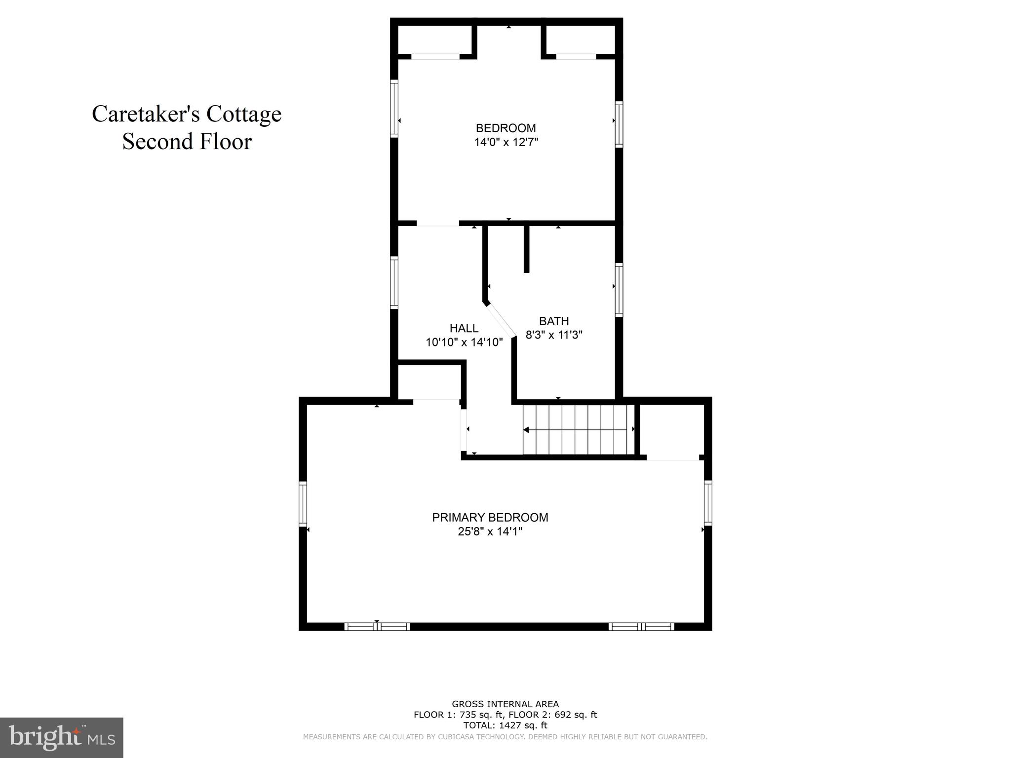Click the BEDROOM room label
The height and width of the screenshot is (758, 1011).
(x=505, y=128)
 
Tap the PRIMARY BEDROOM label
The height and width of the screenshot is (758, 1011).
(x=490, y=518)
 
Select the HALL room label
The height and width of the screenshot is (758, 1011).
(x=464, y=328)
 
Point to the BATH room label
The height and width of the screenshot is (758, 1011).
(x=554, y=321)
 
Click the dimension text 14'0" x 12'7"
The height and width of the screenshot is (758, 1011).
(x=505, y=143)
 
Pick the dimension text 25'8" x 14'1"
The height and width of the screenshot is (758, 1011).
(x=490, y=531)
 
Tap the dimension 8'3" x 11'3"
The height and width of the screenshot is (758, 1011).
(x=554, y=335)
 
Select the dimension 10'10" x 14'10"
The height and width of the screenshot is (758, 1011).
(x=464, y=342)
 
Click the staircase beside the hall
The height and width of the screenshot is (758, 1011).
(x=578, y=429)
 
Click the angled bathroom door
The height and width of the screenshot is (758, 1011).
(x=501, y=321)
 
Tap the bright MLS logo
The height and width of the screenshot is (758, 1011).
(x=61, y=737)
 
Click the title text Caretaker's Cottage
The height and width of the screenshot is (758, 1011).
(x=187, y=114)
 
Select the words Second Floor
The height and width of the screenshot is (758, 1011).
(x=187, y=142)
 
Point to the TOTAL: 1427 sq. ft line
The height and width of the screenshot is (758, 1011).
(x=505, y=725)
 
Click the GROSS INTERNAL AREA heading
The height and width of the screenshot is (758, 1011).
(x=505, y=704)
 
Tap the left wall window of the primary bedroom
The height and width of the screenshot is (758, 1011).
(x=303, y=503)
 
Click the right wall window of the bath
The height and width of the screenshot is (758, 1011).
(x=619, y=289)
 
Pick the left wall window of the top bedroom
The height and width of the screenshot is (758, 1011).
(x=394, y=108)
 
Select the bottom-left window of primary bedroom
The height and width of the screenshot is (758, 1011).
(x=377, y=627)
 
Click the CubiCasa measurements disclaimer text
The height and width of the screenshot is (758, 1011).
(x=505, y=737)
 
